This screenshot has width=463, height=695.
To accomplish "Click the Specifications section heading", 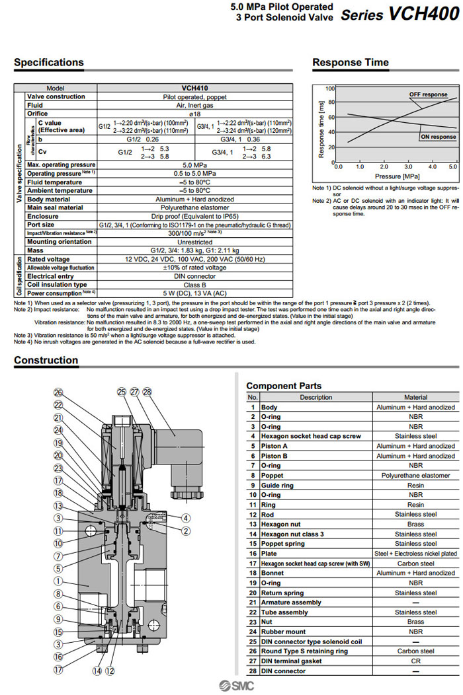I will point(49,63).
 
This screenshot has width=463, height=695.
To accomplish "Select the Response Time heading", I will point(351,63).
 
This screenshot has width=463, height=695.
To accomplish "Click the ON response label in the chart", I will point(438,137).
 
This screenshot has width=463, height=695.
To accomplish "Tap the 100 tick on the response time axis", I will point(330,88).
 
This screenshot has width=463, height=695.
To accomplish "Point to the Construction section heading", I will point(46,361).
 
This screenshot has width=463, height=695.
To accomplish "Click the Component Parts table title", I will point(284,386).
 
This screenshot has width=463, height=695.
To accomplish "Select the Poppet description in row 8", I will point(273,475).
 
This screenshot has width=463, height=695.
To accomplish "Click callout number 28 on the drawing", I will point(147,392).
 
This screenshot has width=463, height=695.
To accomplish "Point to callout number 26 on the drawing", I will point(58,392).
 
